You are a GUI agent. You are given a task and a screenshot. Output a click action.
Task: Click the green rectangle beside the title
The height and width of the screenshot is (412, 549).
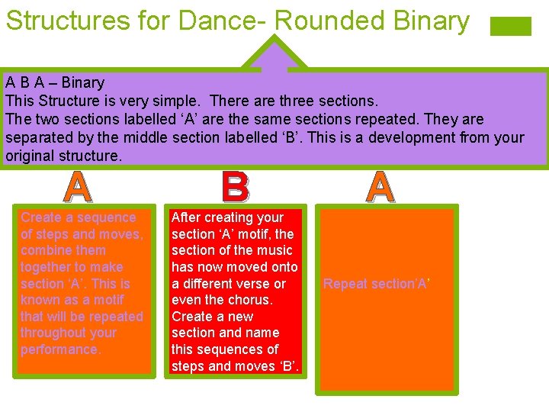click(510, 27)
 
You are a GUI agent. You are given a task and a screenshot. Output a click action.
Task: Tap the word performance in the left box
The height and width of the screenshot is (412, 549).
click(59, 349)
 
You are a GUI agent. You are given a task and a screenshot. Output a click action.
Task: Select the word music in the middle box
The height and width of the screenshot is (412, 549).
click(274, 250)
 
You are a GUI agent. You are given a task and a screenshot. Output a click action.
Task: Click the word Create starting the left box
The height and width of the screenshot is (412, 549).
click(40, 217)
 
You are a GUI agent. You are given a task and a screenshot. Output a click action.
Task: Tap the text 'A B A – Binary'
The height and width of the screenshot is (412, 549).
click(55, 82)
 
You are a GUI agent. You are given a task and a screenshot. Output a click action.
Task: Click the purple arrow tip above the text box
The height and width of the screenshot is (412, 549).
click(274, 53)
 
